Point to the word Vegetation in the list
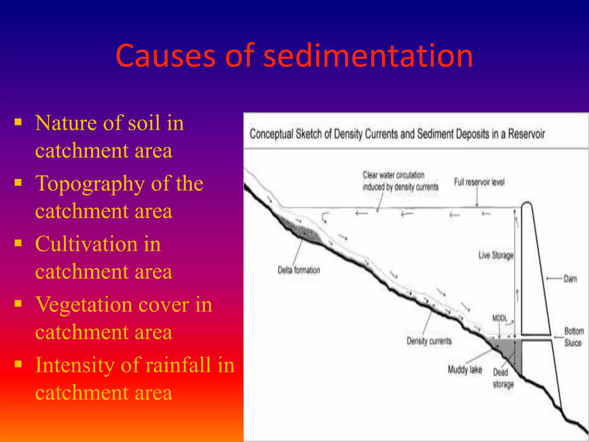[x=112, y=304]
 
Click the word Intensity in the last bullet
[x=75, y=365]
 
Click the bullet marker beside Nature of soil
[x=18, y=122]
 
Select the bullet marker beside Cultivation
[x=18, y=243]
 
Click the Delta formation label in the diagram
[x=299, y=270]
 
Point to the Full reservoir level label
[x=479, y=182]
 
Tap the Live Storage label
[x=496, y=255]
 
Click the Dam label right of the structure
[x=570, y=279]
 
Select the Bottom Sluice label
[x=574, y=337]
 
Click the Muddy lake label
[x=465, y=369]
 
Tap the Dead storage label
[x=503, y=378]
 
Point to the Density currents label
[x=429, y=341]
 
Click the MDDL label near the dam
[x=500, y=319]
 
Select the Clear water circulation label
[x=400, y=181]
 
